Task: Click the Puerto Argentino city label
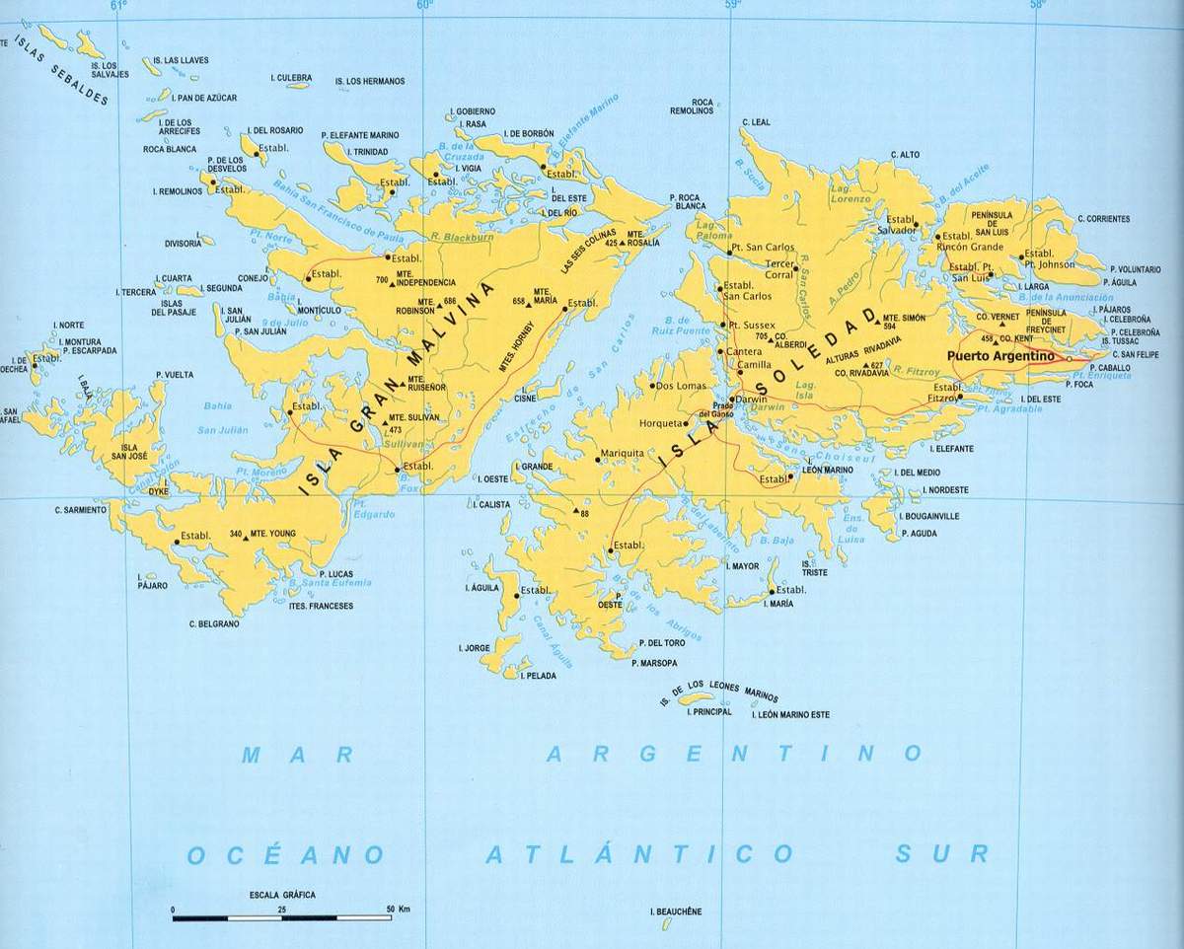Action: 1000,355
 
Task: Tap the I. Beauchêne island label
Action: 677,912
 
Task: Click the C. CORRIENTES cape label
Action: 1103,218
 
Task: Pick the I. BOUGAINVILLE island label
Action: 929,515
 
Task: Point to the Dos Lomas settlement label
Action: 679,386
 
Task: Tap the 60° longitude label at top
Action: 425,6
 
